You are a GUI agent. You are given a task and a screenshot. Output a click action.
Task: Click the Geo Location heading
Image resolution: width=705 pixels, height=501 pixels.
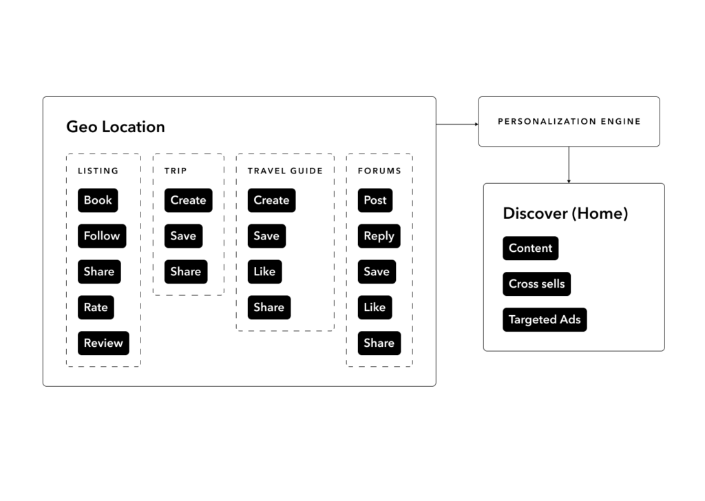click(x=116, y=127)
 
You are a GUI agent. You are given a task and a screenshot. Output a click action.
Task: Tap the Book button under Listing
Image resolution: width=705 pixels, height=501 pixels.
click(x=98, y=200)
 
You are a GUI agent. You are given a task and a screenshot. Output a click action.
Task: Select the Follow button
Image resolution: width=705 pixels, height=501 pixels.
click(x=102, y=236)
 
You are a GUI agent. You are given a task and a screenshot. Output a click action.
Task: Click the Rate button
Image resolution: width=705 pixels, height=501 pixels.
click(x=96, y=308)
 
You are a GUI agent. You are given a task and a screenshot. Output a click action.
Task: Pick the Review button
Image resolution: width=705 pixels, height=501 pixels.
click(x=103, y=343)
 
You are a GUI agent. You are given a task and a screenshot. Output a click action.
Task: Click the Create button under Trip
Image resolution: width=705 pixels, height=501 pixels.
click(x=188, y=200)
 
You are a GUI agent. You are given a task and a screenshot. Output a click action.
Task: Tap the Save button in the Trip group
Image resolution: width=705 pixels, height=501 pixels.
click(x=183, y=236)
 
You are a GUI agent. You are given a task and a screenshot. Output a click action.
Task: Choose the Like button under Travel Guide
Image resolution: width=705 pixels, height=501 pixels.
click(x=264, y=272)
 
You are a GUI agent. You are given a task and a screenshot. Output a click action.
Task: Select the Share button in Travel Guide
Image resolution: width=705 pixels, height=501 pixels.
click(x=269, y=308)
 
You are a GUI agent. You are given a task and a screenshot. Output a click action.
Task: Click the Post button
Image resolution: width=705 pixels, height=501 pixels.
click(x=375, y=200)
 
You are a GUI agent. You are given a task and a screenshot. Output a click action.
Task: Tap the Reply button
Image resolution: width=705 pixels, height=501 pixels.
click(x=379, y=236)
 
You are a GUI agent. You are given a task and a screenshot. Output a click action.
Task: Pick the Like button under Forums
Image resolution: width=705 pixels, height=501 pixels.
click(x=375, y=308)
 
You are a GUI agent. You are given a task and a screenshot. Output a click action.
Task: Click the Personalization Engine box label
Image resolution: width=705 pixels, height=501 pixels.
click(x=569, y=122)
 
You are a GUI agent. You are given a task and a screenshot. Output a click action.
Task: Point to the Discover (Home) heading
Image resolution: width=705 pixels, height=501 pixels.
click(x=565, y=213)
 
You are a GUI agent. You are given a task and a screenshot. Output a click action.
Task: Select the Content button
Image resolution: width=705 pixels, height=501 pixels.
click(x=530, y=248)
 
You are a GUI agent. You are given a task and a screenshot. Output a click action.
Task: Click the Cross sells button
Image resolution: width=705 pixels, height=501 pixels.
click(x=536, y=284)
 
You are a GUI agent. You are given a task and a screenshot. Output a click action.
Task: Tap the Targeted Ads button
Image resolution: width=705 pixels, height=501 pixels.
click(x=545, y=320)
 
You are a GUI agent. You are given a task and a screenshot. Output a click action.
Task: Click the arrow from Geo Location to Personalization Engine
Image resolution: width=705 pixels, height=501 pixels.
click(x=457, y=125)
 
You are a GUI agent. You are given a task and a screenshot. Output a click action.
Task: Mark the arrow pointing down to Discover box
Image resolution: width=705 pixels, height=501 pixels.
click(x=569, y=165)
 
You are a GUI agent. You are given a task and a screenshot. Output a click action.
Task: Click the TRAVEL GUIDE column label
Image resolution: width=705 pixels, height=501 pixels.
click(x=285, y=171)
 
